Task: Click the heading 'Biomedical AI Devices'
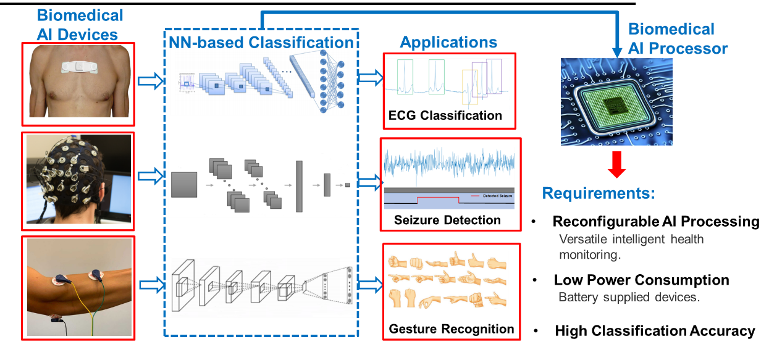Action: point(80,25)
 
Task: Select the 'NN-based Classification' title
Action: point(261,42)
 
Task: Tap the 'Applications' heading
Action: point(448,42)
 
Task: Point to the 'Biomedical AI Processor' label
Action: point(678,38)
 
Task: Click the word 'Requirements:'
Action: point(597,193)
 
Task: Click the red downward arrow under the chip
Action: point(616,164)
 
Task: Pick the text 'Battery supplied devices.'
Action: point(629,297)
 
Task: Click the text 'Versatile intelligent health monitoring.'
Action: point(630,246)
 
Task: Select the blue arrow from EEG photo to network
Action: point(151,177)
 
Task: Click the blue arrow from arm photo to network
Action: point(151,285)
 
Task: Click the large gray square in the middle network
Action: point(183,185)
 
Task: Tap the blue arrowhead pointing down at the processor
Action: point(616,52)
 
